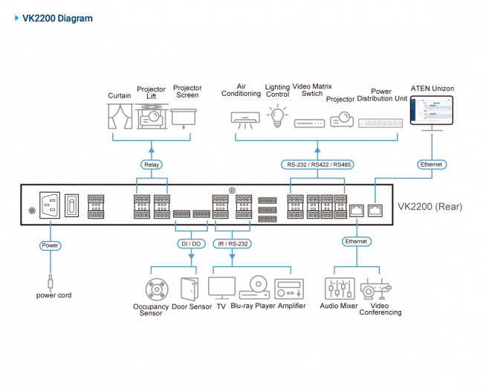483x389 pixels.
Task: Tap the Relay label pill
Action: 152,164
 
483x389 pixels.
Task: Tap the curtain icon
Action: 120,117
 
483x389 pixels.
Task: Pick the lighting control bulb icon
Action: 278,115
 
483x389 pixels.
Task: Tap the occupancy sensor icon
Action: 157,289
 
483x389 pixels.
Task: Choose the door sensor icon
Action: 189,289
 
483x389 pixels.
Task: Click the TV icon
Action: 221,287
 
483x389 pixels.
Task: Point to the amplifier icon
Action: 288,289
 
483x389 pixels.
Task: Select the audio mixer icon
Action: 338,289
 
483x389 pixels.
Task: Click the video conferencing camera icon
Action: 374,290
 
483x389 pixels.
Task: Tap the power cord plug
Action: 51,283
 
